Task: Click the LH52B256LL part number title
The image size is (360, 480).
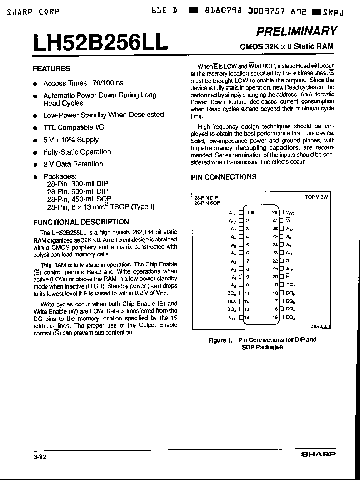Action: [100, 43]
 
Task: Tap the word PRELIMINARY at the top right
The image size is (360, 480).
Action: [296, 31]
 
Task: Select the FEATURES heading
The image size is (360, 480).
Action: [51, 69]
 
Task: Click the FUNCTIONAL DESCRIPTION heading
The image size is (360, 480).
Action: [81, 222]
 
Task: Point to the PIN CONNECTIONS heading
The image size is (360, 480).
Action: [224, 177]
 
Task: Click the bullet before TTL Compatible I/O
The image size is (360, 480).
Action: [35, 128]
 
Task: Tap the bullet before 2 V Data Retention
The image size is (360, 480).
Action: [35, 165]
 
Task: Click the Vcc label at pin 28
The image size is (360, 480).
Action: [290, 213]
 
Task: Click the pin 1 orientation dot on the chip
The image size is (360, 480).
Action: [252, 212]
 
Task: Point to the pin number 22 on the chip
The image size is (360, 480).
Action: [275, 261]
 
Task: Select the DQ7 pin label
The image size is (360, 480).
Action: [291, 285]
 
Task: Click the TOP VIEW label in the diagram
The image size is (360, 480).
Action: [316, 197]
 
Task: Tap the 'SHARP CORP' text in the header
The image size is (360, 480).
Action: [33, 12]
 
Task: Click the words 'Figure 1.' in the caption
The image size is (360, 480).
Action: [217, 340]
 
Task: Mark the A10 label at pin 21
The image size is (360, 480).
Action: [290, 269]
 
